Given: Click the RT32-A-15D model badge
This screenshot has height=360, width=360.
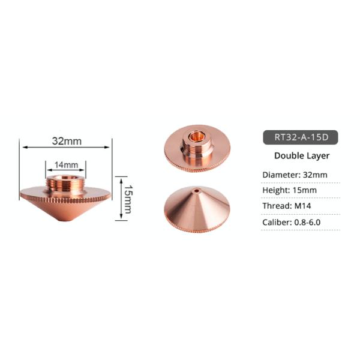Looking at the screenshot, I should click(301, 136).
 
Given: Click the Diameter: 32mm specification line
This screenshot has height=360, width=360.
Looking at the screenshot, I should click(294, 175).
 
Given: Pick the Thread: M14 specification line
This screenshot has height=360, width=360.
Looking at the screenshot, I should click(290, 206).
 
